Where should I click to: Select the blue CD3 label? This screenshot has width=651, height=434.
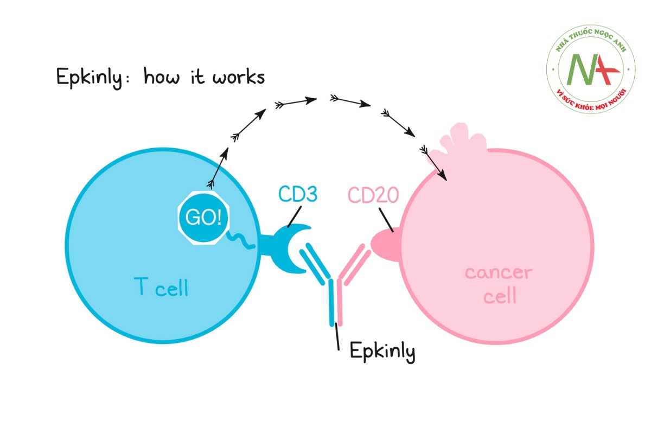[x=297, y=195]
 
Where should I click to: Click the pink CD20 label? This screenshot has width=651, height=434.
[x=374, y=195]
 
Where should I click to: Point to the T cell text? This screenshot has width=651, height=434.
[x=161, y=287]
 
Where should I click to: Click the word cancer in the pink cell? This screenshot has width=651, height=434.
[x=499, y=272]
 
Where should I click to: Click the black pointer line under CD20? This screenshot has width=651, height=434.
[x=385, y=221]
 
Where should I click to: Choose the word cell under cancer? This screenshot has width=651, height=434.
[x=499, y=296]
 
